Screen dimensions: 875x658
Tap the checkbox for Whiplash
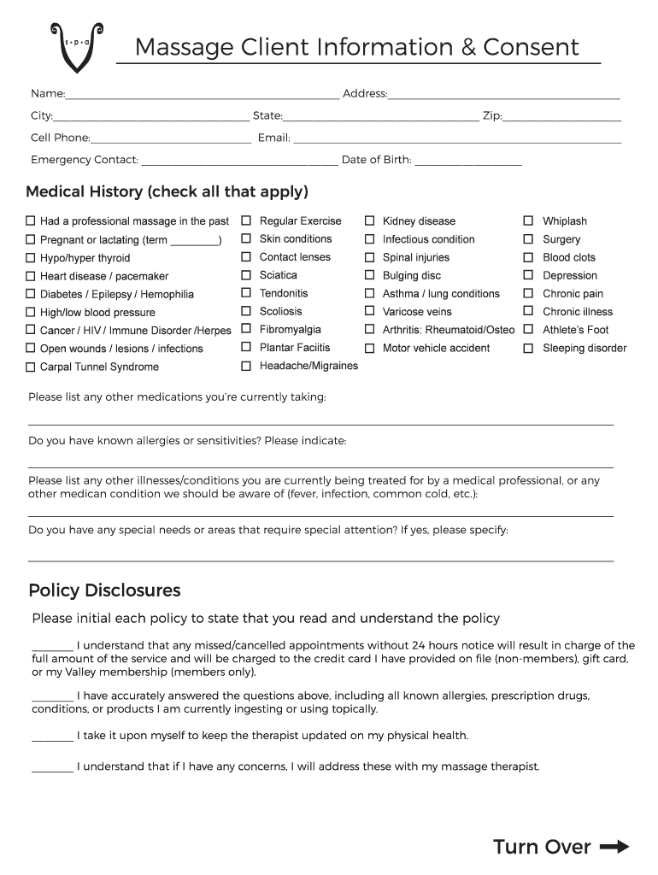[528, 220]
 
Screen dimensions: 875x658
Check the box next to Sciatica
[246, 275]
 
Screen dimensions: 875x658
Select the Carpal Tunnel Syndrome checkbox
[31, 367]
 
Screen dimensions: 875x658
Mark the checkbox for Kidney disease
[370, 220]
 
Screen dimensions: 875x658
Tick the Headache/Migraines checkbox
[246, 366]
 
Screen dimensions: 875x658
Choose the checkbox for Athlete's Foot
[528, 330]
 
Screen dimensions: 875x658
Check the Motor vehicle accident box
[370, 348]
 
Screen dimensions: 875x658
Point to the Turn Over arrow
[614, 847]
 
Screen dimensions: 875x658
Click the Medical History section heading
[167, 191]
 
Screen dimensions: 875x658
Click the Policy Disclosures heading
[104, 590]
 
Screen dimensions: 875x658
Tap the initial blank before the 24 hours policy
[52, 648]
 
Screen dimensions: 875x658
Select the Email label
[273, 138]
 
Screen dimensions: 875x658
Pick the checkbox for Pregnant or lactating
[31, 240]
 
